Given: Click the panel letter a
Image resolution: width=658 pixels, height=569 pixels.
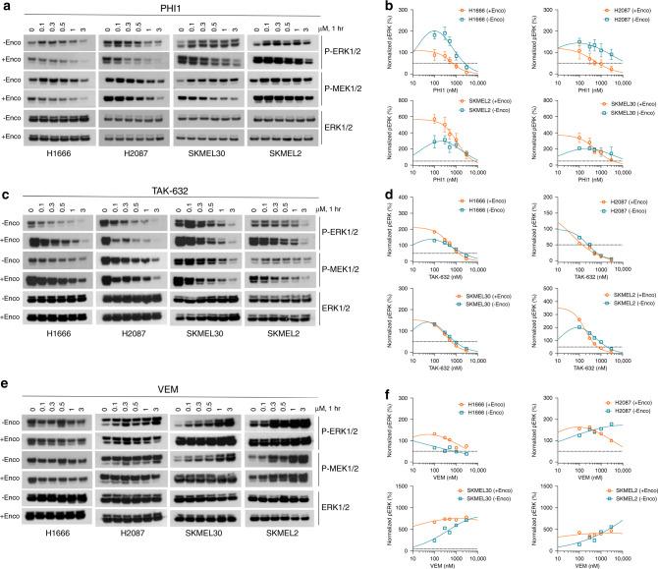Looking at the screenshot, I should click(x=5, y=7).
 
